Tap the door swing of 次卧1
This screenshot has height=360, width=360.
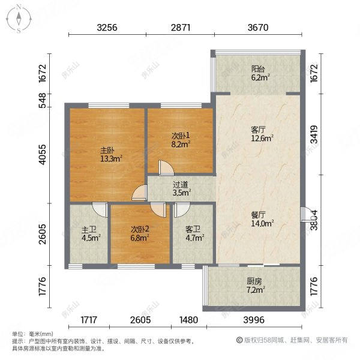coord(164,167)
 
